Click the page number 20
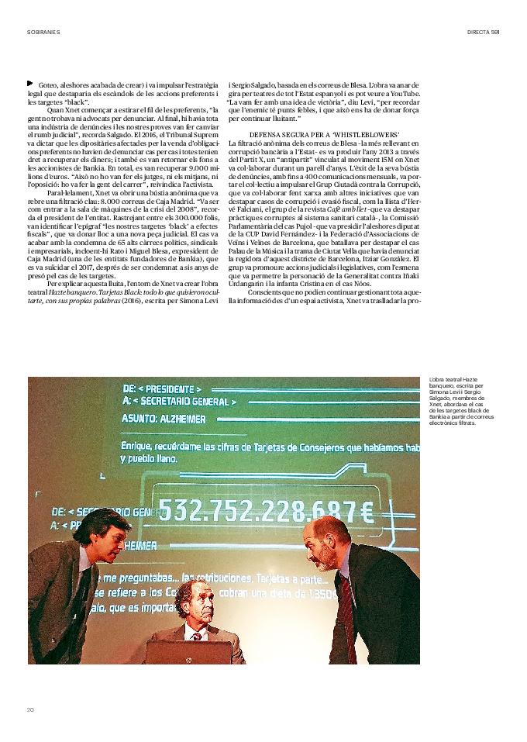31,709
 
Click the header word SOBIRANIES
43,32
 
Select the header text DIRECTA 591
483,32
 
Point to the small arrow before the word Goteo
30,83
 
